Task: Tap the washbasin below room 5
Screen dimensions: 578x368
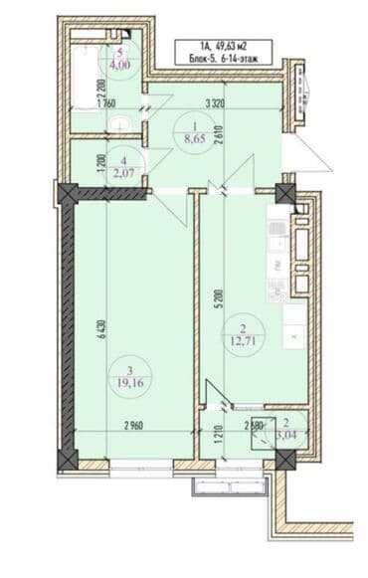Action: click(120, 123)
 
